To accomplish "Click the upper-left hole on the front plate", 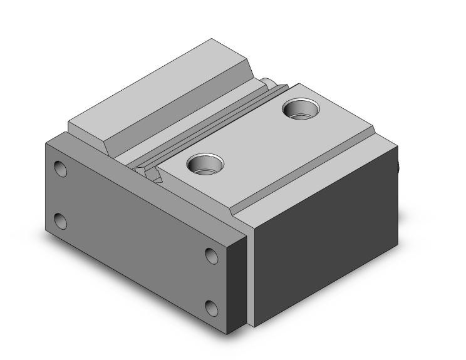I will (x=61, y=168).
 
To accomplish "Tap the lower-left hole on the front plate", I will (x=61, y=220).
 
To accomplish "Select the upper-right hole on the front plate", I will (x=212, y=255).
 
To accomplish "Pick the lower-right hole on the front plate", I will (x=212, y=307).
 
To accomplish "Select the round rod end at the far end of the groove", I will (x=267, y=81).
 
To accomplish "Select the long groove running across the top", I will (x=207, y=125).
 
